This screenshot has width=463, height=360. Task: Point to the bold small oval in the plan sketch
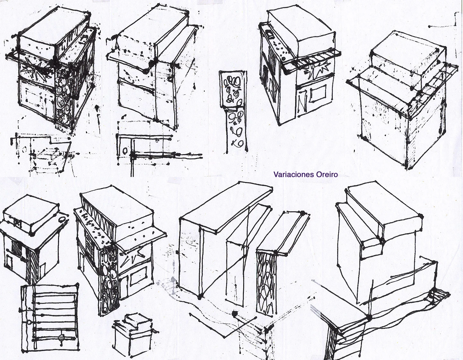point(125,151)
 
